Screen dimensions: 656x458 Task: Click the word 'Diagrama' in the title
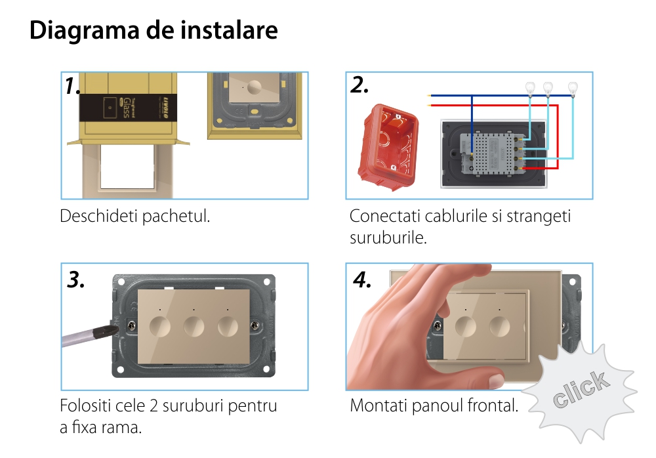pos(84,31)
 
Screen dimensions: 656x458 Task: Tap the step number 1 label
pos(72,86)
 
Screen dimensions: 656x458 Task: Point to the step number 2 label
pos(359,85)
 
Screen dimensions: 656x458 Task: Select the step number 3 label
pos(75,280)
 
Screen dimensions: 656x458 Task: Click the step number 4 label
pos(362,280)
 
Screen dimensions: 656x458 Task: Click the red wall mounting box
pos(388,146)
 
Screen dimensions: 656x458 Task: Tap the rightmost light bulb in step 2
pos(573,89)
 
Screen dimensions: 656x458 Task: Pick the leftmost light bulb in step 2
pos(531,89)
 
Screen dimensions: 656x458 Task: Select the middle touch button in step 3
pos(194,327)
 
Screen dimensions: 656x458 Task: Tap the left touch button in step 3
pos(160,327)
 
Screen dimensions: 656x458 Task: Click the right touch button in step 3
pos(228,327)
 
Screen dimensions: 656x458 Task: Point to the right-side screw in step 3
pos(255,325)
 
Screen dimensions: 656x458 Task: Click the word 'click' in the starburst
pos(581,389)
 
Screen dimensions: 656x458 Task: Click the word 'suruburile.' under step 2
pos(388,238)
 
